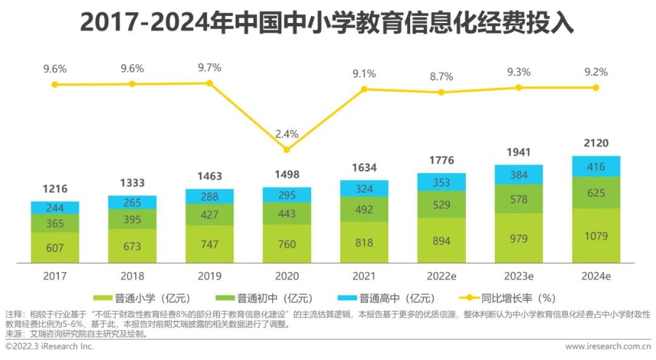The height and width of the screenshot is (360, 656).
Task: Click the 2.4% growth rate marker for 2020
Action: click(x=287, y=149)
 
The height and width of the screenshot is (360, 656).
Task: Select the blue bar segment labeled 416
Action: click(x=596, y=166)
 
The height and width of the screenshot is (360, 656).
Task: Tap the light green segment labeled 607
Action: click(x=55, y=247)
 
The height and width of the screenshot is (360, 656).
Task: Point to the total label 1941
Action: click(x=519, y=152)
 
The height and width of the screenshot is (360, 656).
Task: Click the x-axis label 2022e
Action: click(x=442, y=276)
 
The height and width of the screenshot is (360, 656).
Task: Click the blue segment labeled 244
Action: click(x=55, y=208)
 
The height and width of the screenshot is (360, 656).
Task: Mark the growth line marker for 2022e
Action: click(x=442, y=92)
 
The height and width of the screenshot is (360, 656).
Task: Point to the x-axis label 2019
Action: click(x=210, y=276)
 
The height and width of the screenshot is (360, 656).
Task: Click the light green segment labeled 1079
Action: click(x=596, y=236)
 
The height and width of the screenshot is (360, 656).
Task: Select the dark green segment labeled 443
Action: click(x=287, y=214)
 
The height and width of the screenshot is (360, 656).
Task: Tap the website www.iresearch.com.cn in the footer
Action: click(x=607, y=346)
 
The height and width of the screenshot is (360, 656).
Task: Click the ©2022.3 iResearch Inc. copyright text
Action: click(x=49, y=346)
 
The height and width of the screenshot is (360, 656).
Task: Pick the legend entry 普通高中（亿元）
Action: click(x=389, y=298)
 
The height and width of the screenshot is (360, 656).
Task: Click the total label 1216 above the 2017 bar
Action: click(x=55, y=189)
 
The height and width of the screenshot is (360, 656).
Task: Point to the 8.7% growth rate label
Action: click(x=442, y=76)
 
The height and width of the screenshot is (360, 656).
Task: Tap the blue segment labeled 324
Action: click(x=364, y=189)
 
